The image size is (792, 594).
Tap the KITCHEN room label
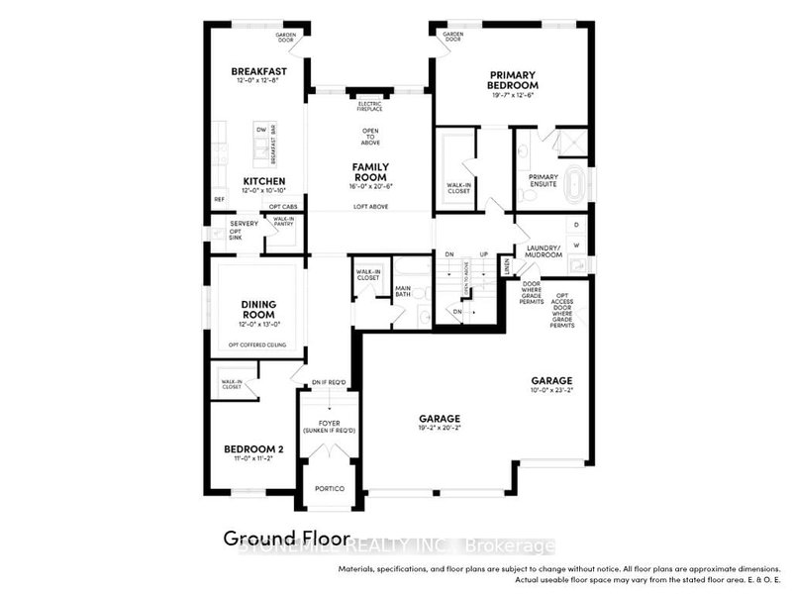coord(264,181)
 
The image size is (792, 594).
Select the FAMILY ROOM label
coord(369,171)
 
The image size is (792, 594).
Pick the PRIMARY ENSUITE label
coord(544,181)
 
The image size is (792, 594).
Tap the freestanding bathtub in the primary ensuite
coord(590,184)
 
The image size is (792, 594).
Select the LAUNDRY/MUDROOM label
coord(544,250)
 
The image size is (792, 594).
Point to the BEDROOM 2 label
coord(253,449)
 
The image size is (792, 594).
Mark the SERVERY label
coord(230,224)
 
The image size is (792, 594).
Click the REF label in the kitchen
coord(219,200)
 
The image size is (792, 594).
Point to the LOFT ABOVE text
coord(370,206)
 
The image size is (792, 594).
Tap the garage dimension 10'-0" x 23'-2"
coord(550,390)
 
